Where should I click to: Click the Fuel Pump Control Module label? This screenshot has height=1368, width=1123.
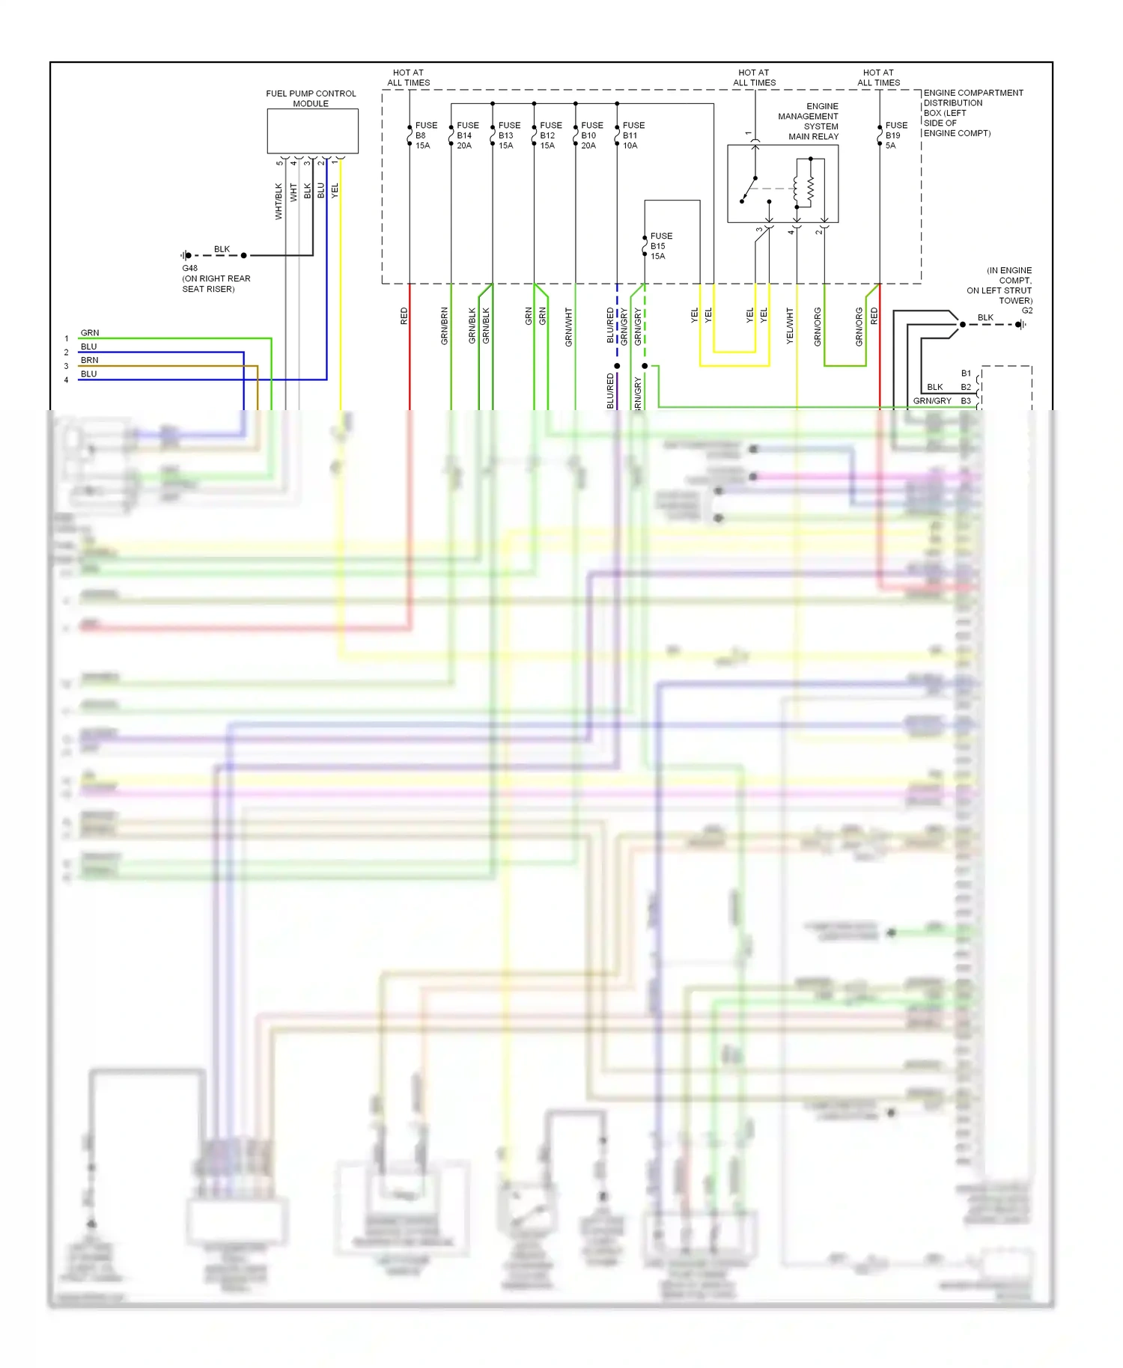pyautogui.click(x=311, y=98)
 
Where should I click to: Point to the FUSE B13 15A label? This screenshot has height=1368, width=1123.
pyautogui.click(x=508, y=135)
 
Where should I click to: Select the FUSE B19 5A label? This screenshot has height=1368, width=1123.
pyautogui.click(x=895, y=135)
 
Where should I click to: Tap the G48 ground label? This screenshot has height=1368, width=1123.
pyautogui.click(x=190, y=268)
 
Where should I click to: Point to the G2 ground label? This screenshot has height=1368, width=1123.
pyautogui.click(x=1027, y=311)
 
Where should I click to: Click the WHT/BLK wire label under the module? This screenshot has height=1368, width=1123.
pyautogui.click(x=279, y=201)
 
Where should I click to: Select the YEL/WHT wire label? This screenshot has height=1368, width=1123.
pyautogui.click(x=789, y=326)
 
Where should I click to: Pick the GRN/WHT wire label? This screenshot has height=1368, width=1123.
pyautogui.click(x=568, y=326)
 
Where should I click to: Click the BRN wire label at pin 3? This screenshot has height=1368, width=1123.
pyautogui.click(x=89, y=360)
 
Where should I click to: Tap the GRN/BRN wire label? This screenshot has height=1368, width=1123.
pyautogui.click(x=444, y=326)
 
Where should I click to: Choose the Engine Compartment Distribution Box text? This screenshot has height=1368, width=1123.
pyautogui.click(x=972, y=113)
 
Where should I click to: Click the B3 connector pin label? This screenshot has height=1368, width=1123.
pyautogui.click(x=966, y=401)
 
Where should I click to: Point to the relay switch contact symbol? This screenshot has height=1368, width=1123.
pyautogui.click(x=749, y=190)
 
